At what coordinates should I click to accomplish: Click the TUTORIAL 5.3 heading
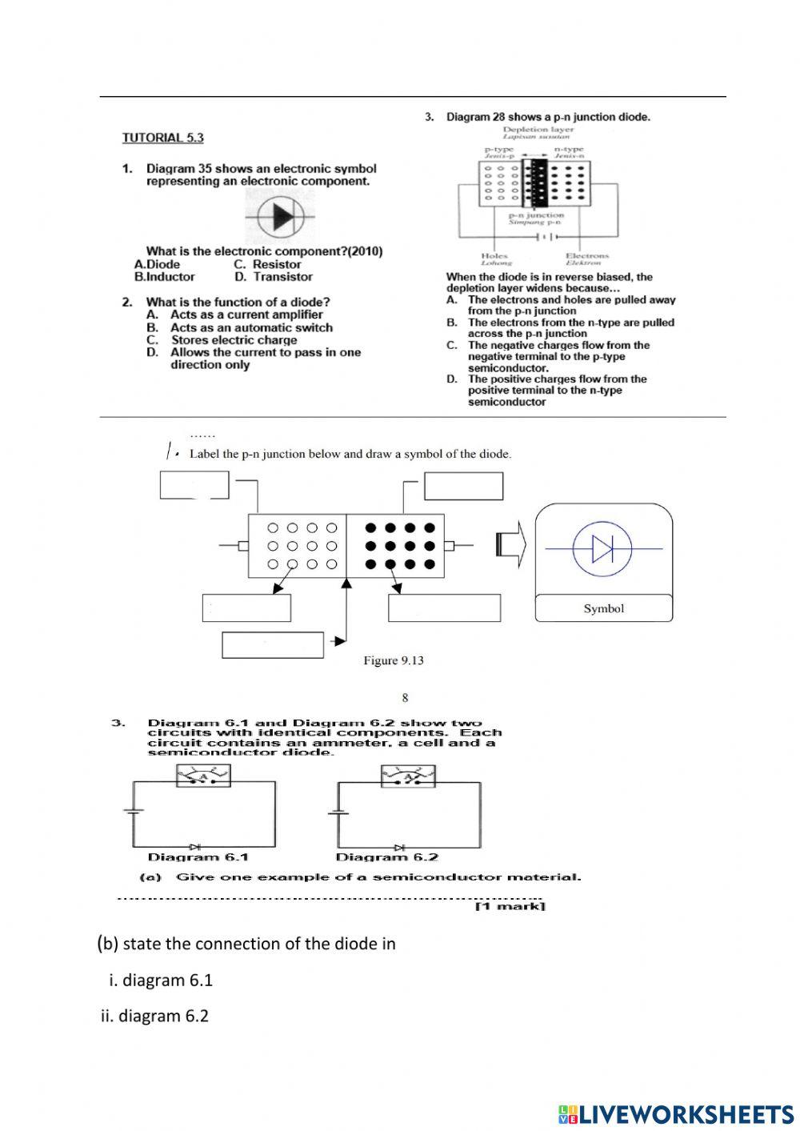click(x=162, y=138)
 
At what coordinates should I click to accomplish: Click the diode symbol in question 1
click(x=281, y=217)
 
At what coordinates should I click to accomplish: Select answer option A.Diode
click(x=158, y=264)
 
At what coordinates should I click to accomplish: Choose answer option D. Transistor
click(x=274, y=277)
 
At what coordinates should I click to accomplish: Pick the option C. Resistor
click(x=267, y=264)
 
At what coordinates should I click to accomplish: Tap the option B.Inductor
click(x=165, y=277)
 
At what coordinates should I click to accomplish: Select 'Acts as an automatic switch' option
click(x=250, y=327)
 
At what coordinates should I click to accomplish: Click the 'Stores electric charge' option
click(x=233, y=339)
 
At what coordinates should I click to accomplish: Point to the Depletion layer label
click(x=538, y=129)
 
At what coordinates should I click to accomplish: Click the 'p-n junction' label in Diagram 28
click(x=536, y=215)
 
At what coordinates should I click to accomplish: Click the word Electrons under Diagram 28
click(x=586, y=256)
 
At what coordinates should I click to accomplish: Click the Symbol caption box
click(x=603, y=609)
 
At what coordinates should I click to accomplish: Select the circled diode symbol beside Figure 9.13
click(x=602, y=549)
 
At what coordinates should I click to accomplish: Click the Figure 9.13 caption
click(x=393, y=660)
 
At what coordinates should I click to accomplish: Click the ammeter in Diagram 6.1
click(x=203, y=775)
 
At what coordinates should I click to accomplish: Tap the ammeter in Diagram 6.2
click(x=407, y=775)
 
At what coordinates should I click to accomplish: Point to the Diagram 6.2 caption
click(x=386, y=857)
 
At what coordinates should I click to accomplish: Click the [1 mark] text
click(x=510, y=906)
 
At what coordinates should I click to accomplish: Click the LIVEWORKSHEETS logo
click(x=676, y=1113)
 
